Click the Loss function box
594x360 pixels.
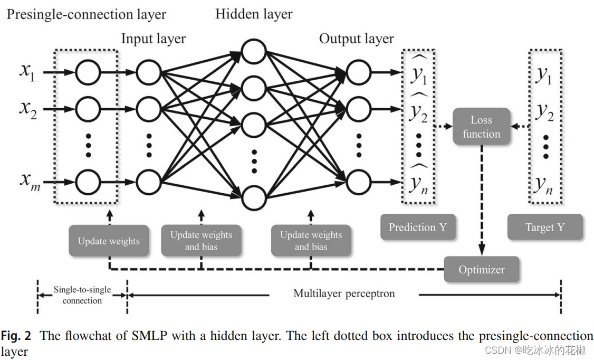coord(481,127)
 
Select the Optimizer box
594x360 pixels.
coord(481,269)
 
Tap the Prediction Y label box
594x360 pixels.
coord(417,227)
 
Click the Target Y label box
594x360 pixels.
coord(544,227)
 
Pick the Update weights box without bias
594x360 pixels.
coord(109,241)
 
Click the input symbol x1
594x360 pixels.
coord(27,71)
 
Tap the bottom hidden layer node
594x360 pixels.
coord(254,198)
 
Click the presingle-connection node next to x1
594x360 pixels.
coord(88,72)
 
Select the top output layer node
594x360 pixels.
coord(359,72)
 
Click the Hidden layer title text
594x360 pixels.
coord(254,14)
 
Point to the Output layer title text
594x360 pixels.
coord(357,39)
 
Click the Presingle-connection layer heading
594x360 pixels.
coord(86,14)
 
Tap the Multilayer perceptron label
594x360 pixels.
coord(344,293)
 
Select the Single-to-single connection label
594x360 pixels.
coord(82,295)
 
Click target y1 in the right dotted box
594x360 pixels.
coord(543,76)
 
